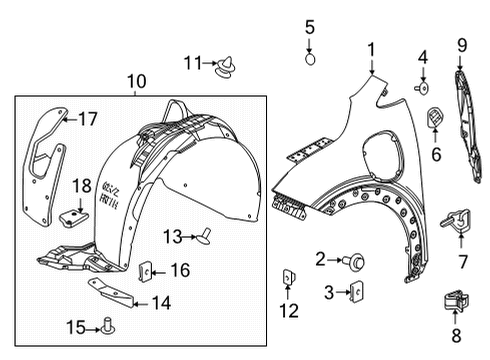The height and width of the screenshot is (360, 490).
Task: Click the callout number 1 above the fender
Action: tap(371, 48)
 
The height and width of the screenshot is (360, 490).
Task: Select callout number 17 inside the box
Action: tap(88, 119)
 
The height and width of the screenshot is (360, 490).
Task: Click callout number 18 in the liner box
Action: tap(82, 185)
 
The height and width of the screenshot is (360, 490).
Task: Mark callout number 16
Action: tap(181, 269)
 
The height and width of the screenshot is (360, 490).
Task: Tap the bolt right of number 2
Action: tap(356, 262)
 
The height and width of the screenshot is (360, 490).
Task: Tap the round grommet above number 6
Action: tap(436, 116)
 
